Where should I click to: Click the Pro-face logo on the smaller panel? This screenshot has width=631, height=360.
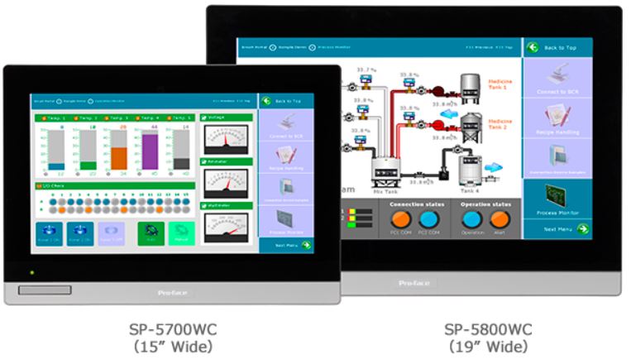pyautogui.click(x=172, y=292)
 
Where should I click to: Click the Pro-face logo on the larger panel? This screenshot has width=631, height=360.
pyautogui.click(x=413, y=283)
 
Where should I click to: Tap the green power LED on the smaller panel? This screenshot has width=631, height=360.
pyautogui.click(x=31, y=272)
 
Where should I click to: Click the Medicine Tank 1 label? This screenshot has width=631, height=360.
pyautogui.click(x=501, y=84)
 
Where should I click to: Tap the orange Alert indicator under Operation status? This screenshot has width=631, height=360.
pyautogui.click(x=499, y=219)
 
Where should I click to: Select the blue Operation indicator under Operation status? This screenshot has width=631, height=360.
pyautogui.click(x=472, y=219)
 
